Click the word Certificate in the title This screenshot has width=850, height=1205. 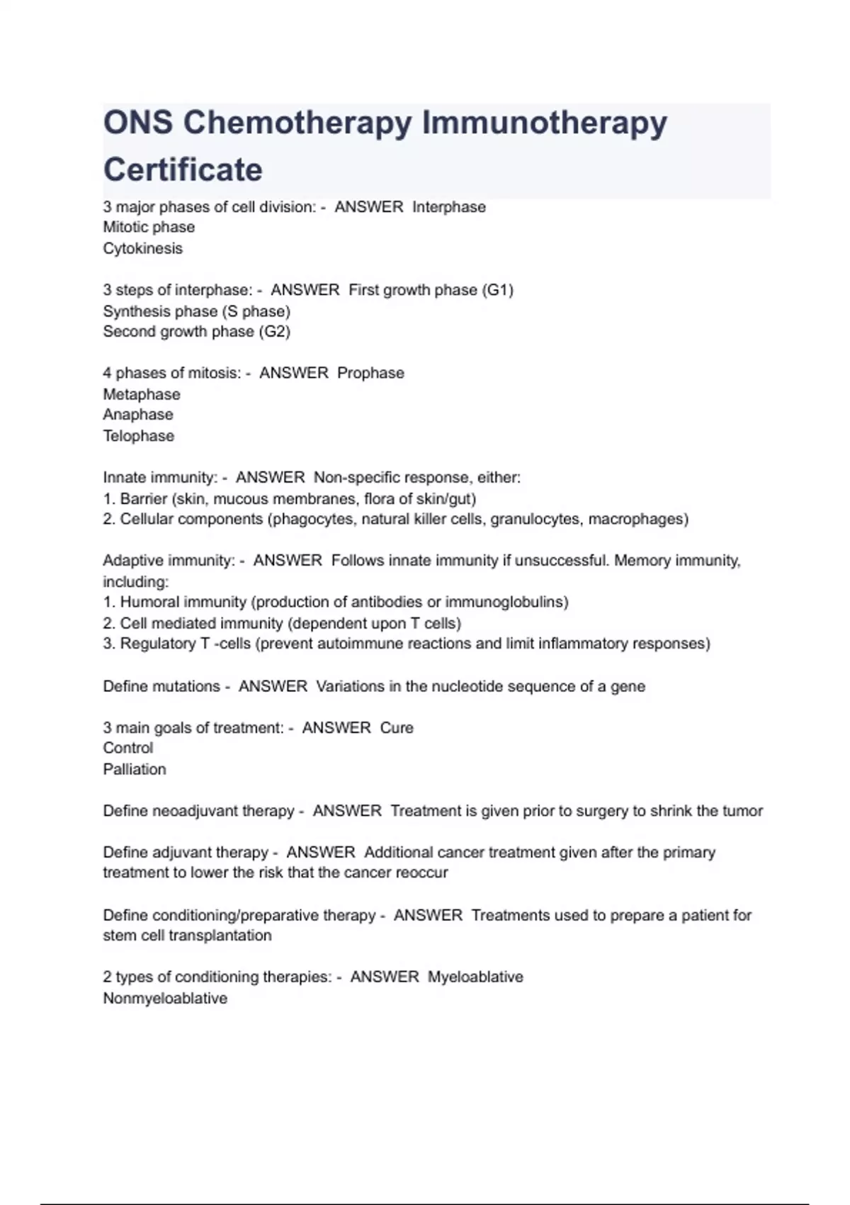pos(183,170)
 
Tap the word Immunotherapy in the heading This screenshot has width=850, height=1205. pos(544,123)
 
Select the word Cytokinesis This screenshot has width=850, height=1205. pos(142,249)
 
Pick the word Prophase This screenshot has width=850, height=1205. pos(370,373)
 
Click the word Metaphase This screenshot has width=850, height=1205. pos(142,394)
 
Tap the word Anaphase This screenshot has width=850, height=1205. pos(138,415)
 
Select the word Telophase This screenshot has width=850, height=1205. pos(138,436)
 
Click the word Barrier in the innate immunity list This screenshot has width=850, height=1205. pos(143,498)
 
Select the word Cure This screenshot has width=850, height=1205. pos(397,728)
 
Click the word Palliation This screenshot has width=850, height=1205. pos(135,769)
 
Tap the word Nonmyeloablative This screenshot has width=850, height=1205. pos(165,998)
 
